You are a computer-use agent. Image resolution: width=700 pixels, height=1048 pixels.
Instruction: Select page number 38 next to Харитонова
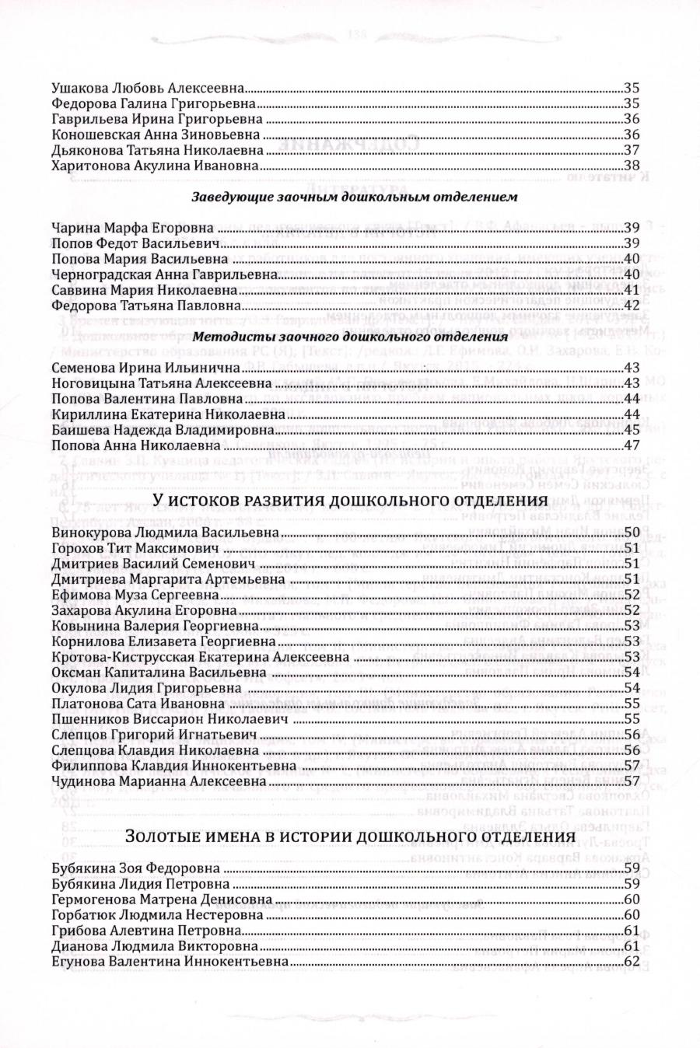pyautogui.click(x=631, y=166)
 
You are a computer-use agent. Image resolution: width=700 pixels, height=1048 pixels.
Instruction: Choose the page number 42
pyautogui.click(x=631, y=305)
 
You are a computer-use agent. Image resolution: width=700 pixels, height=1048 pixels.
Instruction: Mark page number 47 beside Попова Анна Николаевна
pyautogui.click(x=631, y=445)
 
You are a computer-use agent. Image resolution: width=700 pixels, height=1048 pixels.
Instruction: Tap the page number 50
pyautogui.click(x=631, y=533)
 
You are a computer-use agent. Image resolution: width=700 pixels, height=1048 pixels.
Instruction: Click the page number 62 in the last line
pyautogui.click(x=631, y=962)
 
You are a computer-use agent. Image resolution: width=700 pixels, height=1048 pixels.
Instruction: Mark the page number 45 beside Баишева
pyautogui.click(x=631, y=430)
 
